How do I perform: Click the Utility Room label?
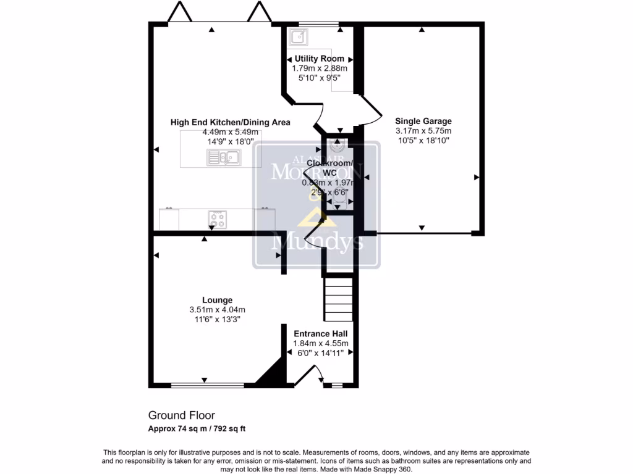320,59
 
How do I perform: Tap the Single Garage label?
423,122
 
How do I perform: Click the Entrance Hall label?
320,334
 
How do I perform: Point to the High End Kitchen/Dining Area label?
230,122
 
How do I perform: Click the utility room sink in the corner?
299,36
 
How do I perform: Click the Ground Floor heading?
181,416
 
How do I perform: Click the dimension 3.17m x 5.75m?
423,131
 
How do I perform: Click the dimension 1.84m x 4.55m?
320,344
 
